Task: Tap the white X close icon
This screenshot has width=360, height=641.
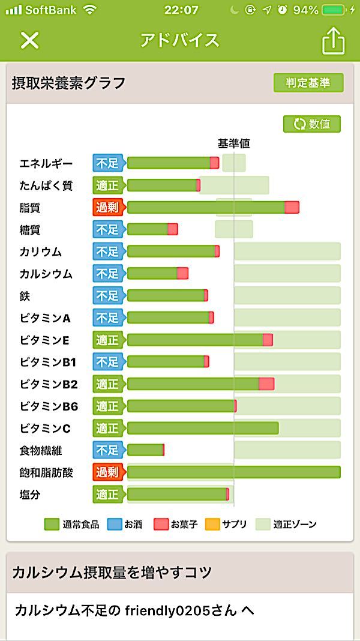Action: pyautogui.click(x=29, y=40)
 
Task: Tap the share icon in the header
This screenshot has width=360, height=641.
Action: pyautogui.click(x=334, y=41)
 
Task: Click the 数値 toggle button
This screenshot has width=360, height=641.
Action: pyautogui.click(x=312, y=124)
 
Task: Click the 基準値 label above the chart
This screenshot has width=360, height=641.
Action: pyautogui.click(x=233, y=143)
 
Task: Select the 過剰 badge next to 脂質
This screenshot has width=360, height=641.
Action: pyautogui.click(x=108, y=208)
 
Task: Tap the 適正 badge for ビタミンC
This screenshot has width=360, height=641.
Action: pyautogui.click(x=108, y=429)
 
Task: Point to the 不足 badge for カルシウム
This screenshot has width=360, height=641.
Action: pyautogui.click(x=108, y=274)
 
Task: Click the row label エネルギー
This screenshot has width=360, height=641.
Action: pyautogui.click(x=46, y=164)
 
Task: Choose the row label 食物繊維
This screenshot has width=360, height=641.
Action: pyautogui.click(x=41, y=450)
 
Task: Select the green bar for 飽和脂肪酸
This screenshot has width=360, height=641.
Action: pyautogui.click(x=233, y=472)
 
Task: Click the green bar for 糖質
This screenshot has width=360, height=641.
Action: pyautogui.click(x=148, y=229)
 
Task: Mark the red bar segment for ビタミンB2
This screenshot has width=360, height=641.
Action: pyautogui.click(x=266, y=384)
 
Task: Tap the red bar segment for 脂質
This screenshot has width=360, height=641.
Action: pyautogui.click(x=292, y=208)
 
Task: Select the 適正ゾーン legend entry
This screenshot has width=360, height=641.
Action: pyautogui.click(x=286, y=524)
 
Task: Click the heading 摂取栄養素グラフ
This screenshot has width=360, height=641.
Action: pyautogui.click(x=69, y=83)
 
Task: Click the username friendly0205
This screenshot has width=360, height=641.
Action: pyautogui.click(x=162, y=611)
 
